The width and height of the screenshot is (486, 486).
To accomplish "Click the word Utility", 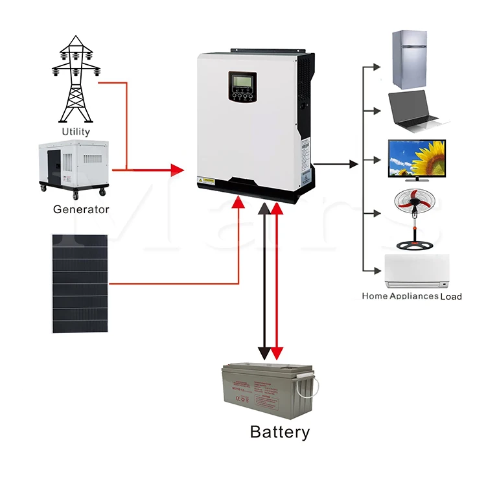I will [76, 132].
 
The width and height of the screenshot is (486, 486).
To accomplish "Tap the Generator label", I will [81, 209].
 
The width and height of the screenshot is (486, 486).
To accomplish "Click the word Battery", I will [280, 432].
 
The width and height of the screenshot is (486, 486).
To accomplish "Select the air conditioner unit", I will [417, 271].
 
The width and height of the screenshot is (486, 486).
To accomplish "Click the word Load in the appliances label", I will [450, 296].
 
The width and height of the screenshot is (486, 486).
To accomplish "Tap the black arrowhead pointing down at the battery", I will [265, 353].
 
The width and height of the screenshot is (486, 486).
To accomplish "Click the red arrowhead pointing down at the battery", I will [277, 353].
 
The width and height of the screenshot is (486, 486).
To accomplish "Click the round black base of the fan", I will [413, 246].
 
